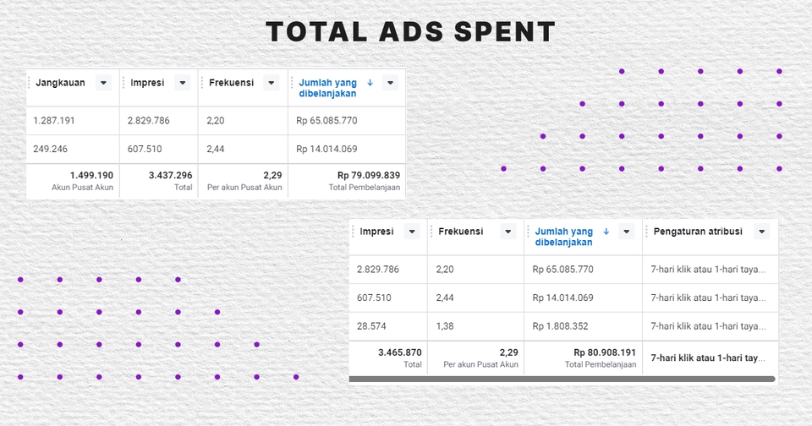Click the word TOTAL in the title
tap(313, 32)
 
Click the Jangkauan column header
tap(61, 83)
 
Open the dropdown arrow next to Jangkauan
tap(103, 83)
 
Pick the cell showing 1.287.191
tap(54, 121)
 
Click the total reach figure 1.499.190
tap(91, 175)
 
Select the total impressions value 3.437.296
tap(170, 175)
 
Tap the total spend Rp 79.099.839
tap(368, 175)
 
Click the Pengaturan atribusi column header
tap(698, 232)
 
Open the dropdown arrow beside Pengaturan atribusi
tap(761, 232)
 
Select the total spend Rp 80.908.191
tap(604, 352)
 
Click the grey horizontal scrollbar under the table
tap(562, 379)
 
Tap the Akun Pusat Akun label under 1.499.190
tap(82, 188)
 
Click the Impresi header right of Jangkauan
tap(147, 83)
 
